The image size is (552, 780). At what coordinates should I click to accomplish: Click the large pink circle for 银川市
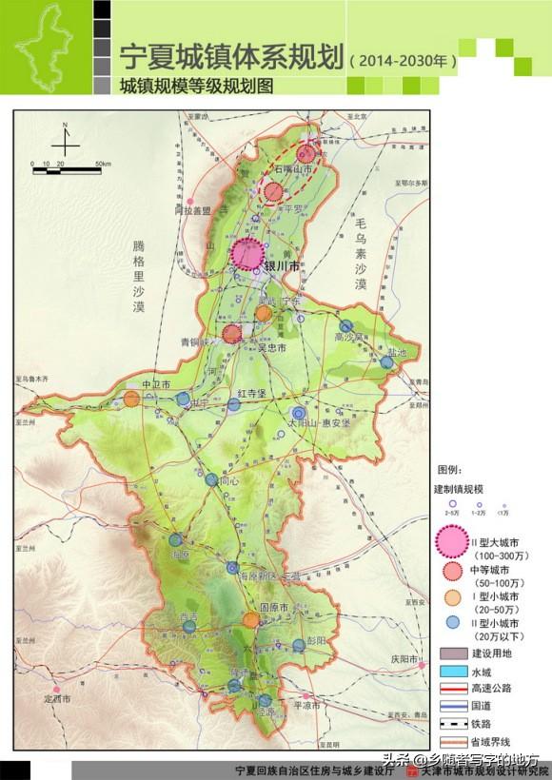248,255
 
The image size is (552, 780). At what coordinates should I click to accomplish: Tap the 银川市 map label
282,267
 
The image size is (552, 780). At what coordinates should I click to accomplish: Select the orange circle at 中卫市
131,399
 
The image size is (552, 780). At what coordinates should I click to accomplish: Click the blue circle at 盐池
386,362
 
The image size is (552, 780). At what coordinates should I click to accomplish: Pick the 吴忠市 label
274,348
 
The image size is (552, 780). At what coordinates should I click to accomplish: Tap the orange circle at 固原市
250,619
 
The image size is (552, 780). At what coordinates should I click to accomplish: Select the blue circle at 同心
211,480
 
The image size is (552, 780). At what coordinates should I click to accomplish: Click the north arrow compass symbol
65,141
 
